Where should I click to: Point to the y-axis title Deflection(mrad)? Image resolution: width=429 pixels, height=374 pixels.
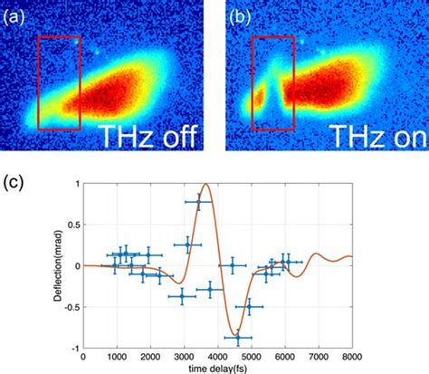coord(57,265)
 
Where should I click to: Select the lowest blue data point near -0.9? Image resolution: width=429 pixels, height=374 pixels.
coord(238,339)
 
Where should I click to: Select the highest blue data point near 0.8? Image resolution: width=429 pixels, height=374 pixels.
coord(198,202)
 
